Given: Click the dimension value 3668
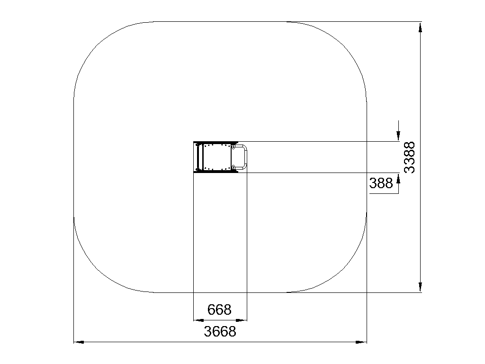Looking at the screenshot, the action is pos(220,331).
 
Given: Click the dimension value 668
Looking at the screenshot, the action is pos(219,309).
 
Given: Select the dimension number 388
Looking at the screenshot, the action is pos(381,183).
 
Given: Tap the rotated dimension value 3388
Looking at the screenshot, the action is pos(410,157).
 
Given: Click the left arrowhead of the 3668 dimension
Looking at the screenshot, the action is pos(79,342).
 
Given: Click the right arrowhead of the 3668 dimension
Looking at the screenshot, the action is pos(361,342).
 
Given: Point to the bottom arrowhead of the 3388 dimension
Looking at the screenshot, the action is pos(420,287).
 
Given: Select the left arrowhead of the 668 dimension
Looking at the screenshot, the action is pos(198,320).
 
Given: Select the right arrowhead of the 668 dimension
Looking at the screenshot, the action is pos(242,320).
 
